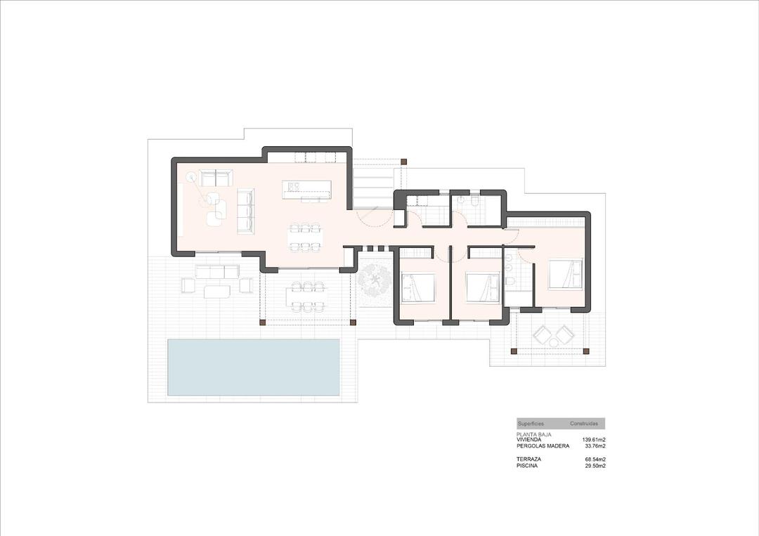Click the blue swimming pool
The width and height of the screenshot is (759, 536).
point(253,367)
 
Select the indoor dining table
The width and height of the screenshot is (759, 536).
point(306,237)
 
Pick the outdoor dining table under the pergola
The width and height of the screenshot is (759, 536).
point(307,296)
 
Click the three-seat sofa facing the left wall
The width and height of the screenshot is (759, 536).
point(245,211)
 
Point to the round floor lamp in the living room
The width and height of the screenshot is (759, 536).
point(189,178)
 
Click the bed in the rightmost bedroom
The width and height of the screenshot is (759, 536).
point(566,274)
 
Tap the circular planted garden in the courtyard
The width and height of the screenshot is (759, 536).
point(373,282)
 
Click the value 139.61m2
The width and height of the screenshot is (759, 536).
point(594,440)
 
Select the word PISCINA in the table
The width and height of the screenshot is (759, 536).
point(527,465)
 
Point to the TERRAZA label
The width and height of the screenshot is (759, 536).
point(528,459)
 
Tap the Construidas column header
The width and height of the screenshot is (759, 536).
point(584,424)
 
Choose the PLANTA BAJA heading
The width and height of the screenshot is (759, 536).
point(534,435)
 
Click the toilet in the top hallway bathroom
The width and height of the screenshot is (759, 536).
point(476,202)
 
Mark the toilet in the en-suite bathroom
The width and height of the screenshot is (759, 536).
point(511,282)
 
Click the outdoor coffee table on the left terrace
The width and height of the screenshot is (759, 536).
point(218,290)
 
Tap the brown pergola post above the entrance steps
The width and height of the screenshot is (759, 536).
point(403,162)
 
